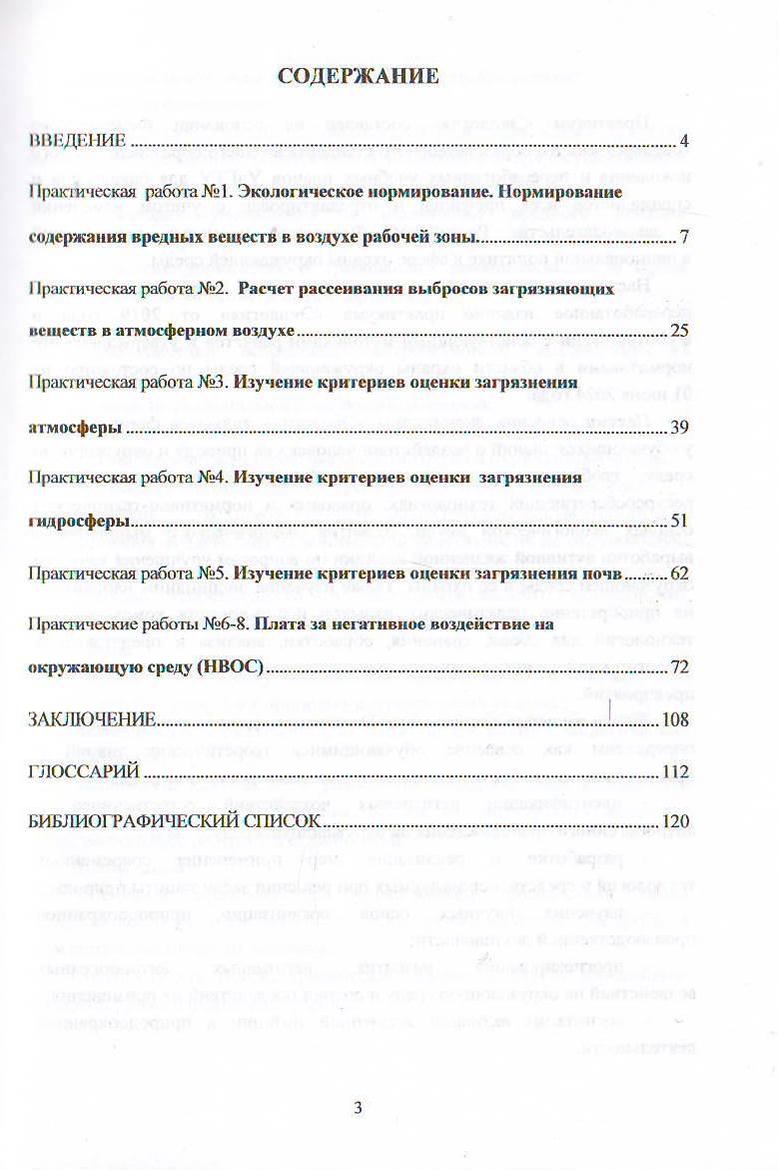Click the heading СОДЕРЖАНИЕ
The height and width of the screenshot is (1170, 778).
point(358,76)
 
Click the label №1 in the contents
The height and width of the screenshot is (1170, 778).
point(214,190)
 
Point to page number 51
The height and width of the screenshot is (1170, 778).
point(680,522)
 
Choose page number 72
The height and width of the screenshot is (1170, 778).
point(680,667)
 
